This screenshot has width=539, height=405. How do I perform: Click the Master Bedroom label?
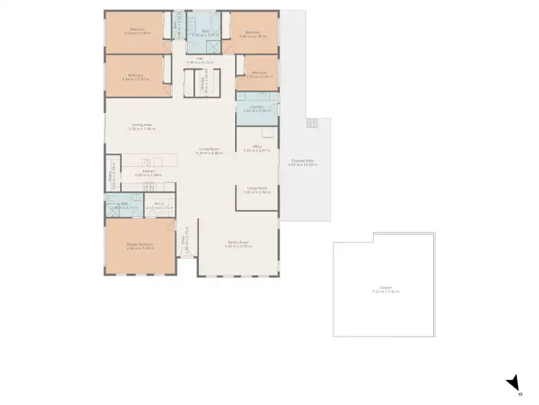click(141, 245)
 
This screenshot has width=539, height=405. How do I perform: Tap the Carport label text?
click(385, 289)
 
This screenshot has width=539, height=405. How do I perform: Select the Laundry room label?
click(257, 108)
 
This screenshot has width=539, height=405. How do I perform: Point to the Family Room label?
click(238, 244)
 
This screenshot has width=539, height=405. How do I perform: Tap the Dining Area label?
click(142, 125)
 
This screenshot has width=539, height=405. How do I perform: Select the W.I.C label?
click(160, 204)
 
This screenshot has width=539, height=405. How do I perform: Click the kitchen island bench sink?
click(147, 163)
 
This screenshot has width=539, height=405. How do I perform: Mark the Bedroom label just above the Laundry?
click(256, 73)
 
